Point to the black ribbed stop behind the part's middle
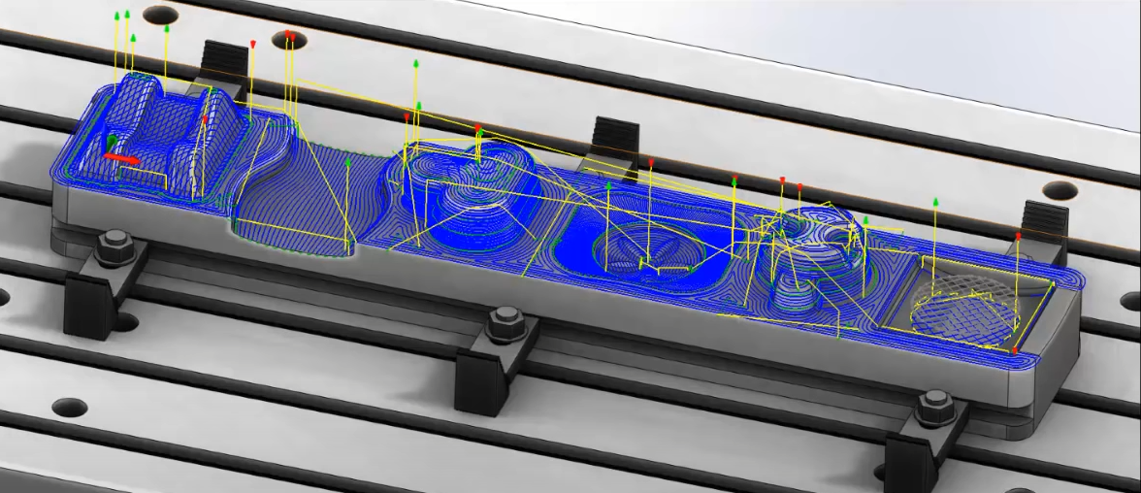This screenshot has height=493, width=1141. (615, 136)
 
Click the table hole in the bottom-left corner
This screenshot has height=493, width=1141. (70, 407)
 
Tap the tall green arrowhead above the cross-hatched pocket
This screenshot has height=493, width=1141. (935, 202)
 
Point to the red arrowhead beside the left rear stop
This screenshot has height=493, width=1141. (252, 45)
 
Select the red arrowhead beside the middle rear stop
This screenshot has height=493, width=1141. (650, 162)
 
